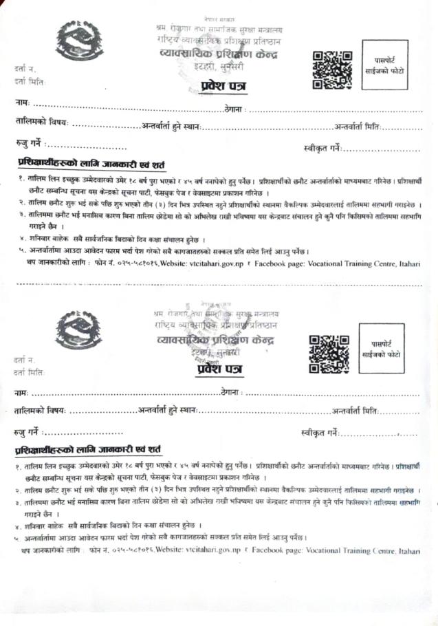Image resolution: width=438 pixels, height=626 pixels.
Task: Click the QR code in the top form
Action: tap(327, 69)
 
